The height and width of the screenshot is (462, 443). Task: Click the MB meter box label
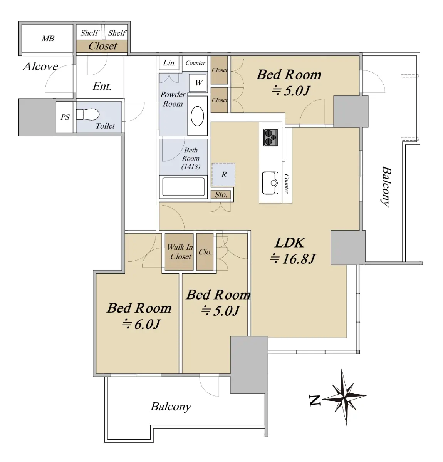[x=48, y=38]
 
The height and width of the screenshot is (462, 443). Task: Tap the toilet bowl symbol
[x=88, y=114]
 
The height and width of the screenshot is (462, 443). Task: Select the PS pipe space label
[x=65, y=117]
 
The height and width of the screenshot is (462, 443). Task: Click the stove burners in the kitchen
[x=270, y=137]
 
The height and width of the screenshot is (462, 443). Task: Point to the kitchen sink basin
[x=270, y=183]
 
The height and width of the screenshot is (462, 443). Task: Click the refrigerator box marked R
[x=223, y=174]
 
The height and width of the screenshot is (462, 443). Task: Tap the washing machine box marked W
[x=198, y=83]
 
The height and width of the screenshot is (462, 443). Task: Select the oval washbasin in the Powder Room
[x=197, y=116]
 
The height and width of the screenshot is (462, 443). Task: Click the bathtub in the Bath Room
[x=183, y=187]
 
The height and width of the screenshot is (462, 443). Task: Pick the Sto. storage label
[x=221, y=195]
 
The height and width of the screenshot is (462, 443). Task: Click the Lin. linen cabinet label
[x=169, y=63]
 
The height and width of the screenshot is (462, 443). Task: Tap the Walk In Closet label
[x=180, y=252]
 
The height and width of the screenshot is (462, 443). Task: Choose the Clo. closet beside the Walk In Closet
[x=205, y=252]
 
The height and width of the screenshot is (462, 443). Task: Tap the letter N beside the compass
[x=315, y=400]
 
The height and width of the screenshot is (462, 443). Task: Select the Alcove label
[x=40, y=67]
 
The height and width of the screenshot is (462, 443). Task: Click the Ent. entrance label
[x=102, y=86]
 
